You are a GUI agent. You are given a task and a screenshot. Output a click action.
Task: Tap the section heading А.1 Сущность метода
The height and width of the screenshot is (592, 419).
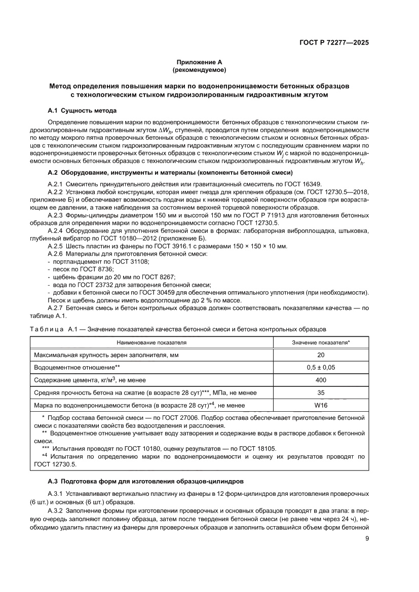click(x=82, y=110)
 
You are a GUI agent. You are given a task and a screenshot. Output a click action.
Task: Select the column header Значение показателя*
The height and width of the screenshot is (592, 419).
click(x=321, y=342)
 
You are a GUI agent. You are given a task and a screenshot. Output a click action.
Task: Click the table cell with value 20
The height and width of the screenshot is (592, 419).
click(x=321, y=355)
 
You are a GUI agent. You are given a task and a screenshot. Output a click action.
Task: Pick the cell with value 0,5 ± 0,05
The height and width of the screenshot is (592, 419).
click(x=321, y=368)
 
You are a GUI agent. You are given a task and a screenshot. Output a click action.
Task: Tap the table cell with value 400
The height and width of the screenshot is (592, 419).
click(x=321, y=380)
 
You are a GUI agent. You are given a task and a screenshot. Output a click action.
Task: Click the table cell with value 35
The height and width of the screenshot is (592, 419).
click(x=321, y=392)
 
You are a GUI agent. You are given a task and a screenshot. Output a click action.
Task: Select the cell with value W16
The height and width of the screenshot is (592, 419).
click(x=321, y=405)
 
